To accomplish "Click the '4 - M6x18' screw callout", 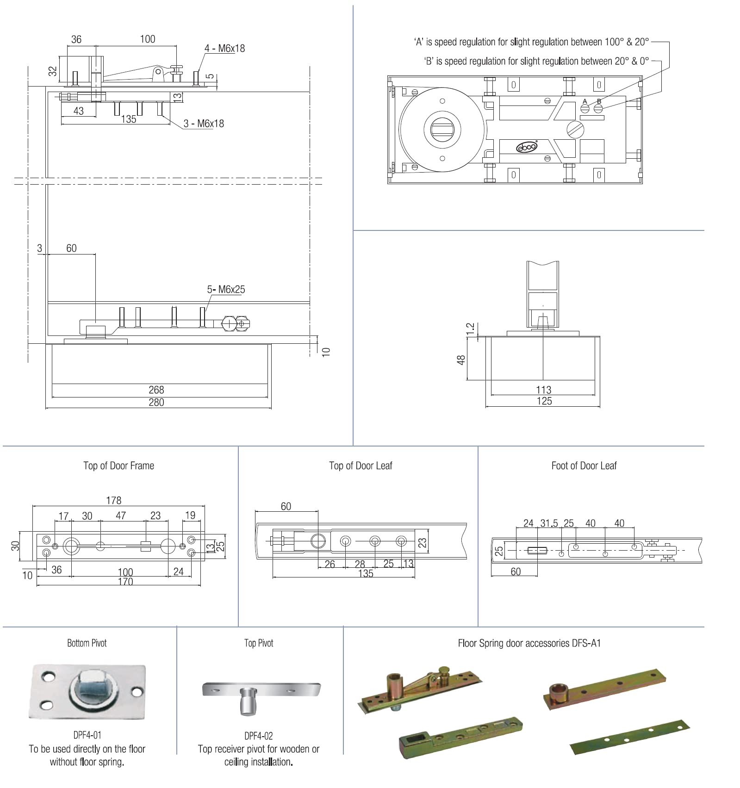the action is [224, 48].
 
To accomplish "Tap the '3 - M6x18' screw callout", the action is [204, 124].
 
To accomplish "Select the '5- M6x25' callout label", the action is [226, 289].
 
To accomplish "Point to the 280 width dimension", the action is [156, 402].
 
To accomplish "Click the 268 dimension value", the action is [156, 390].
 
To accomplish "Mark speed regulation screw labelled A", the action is [585, 109].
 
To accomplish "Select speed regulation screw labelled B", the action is [598, 109].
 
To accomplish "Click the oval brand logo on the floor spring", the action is [527, 147].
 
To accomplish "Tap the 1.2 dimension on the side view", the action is [471, 329].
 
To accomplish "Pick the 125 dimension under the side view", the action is [544, 401].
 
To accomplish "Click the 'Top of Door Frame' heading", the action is [118, 465].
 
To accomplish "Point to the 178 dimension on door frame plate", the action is [113, 500].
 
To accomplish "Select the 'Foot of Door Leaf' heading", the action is [584, 465].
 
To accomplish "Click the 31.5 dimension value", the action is [549, 523].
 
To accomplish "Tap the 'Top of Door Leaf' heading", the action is [361, 465].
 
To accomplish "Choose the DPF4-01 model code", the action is [87, 735].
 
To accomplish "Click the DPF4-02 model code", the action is [259, 736].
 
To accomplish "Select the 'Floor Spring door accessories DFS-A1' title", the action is [529, 643].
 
